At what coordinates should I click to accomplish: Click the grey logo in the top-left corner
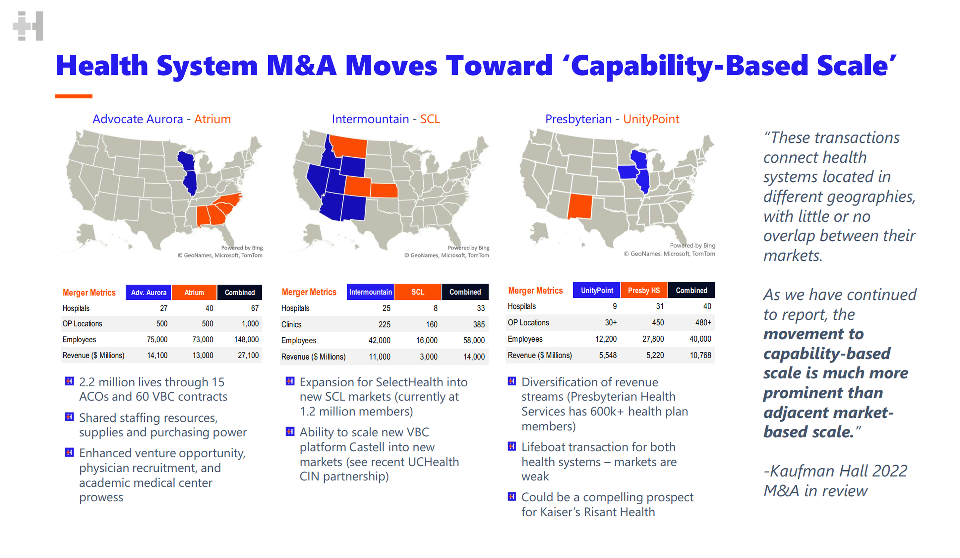(x=28, y=26)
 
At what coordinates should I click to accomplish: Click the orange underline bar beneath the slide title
(x=74, y=96)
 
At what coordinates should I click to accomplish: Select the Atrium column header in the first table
(x=194, y=293)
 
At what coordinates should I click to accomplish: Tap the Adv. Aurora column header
(x=148, y=293)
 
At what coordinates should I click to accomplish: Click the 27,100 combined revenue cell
(x=248, y=356)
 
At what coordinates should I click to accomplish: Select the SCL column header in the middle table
(x=417, y=292)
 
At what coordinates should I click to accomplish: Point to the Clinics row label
(x=291, y=325)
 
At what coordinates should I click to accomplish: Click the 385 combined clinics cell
(x=478, y=325)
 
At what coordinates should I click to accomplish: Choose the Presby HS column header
(x=644, y=291)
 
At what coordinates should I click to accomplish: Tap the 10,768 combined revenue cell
(x=700, y=355)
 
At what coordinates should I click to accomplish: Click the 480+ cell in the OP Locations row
(x=703, y=323)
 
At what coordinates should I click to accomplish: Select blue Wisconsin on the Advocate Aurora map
(x=186, y=161)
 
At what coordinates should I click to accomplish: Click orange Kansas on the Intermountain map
(x=384, y=190)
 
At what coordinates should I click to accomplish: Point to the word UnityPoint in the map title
(x=651, y=119)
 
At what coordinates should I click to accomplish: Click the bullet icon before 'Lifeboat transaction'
(x=511, y=446)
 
